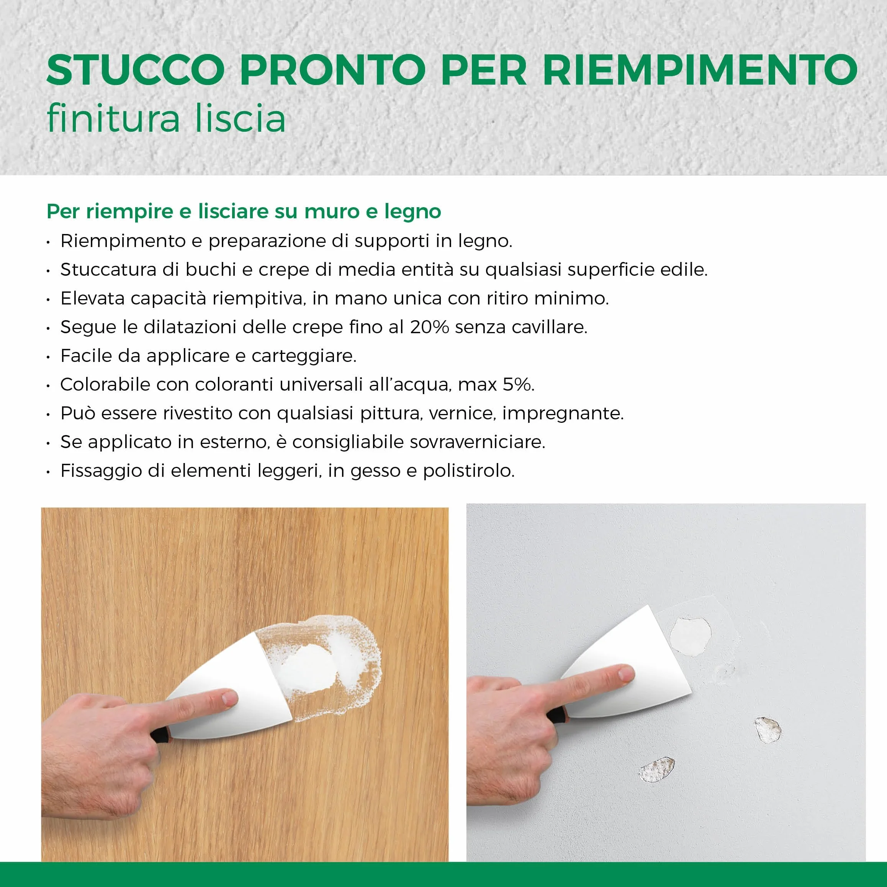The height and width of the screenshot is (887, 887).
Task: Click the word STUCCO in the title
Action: point(136,70)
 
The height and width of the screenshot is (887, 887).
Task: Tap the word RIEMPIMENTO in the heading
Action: point(700,70)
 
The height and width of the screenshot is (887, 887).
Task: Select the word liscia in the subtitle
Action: point(240,118)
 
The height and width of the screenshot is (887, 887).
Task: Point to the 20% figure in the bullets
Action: point(429,327)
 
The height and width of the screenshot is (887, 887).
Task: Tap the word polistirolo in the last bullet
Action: point(469,471)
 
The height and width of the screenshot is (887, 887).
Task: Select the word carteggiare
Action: point(304,356)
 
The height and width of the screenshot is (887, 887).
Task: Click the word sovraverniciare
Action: point(478,442)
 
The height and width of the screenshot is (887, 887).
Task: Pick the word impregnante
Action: point(563,414)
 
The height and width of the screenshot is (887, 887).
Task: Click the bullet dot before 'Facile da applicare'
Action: point(48,357)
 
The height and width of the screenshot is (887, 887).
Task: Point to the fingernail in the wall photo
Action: point(626,674)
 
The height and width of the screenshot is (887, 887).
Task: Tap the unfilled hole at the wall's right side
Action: point(768,730)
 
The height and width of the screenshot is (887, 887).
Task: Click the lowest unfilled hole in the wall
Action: point(657,770)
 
